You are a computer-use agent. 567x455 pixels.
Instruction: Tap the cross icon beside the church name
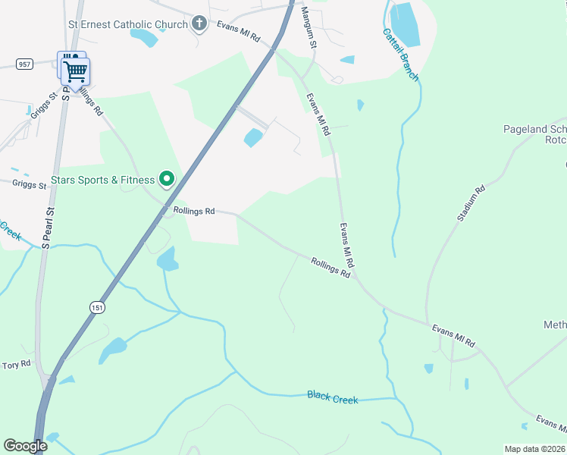[x=199, y=24]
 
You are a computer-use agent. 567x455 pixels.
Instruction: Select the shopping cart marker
[x=76, y=71]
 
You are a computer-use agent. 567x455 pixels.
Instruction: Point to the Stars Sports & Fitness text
[x=102, y=180]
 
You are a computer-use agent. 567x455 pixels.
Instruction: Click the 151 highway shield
[x=96, y=307]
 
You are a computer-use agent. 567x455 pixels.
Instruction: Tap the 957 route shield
[x=25, y=64]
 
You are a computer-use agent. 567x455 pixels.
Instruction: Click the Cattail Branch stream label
[x=400, y=55]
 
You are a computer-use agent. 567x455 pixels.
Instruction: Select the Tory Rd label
[x=16, y=365]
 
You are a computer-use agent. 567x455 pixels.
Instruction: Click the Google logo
[x=25, y=446]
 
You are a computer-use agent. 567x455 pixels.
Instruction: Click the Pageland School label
[x=535, y=130]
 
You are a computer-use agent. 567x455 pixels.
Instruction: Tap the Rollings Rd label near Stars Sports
[x=194, y=211]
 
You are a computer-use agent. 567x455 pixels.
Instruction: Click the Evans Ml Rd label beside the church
[x=238, y=31]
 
